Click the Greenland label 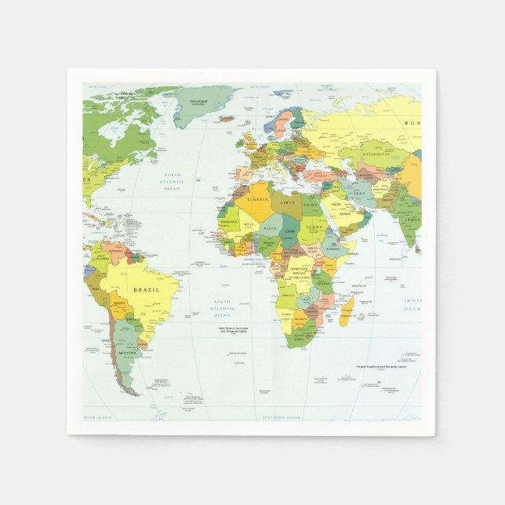pyautogui.click(x=198, y=100)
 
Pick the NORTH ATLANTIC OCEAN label pyautogui.click(x=172, y=182)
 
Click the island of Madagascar pyautogui.click(x=347, y=311)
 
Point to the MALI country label pyautogui.click(x=249, y=224)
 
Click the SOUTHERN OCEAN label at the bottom pyautogui.click(x=282, y=416)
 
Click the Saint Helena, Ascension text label pyautogui.click(x=238, y=331)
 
